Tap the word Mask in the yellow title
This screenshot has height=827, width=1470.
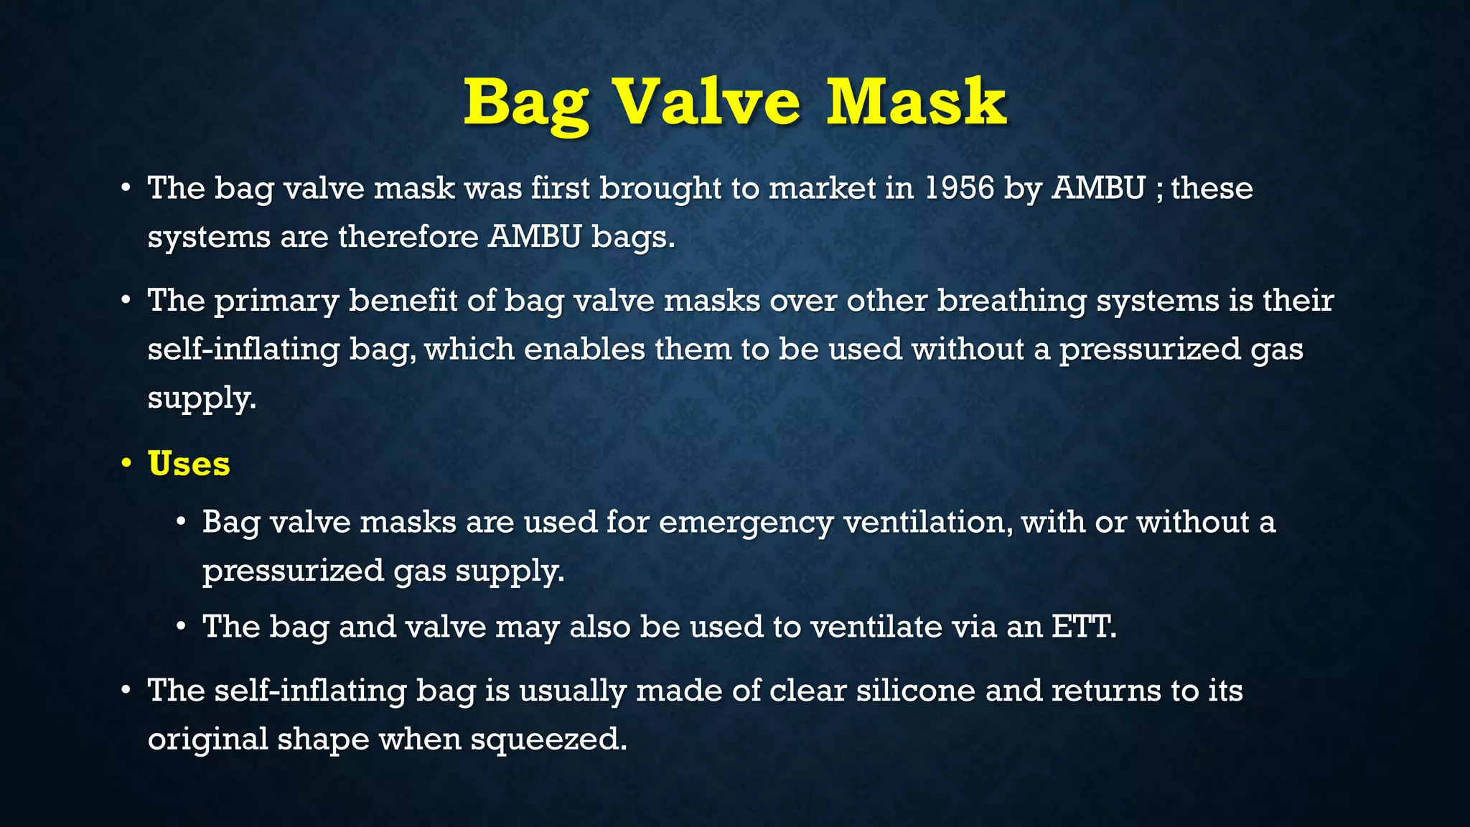tap(916, 102)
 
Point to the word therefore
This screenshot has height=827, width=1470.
tap(408, 236)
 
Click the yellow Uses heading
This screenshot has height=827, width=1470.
tap(189, 463)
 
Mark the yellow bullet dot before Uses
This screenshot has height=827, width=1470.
tap(126, 463)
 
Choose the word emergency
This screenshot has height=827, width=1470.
tap(746, 523)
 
